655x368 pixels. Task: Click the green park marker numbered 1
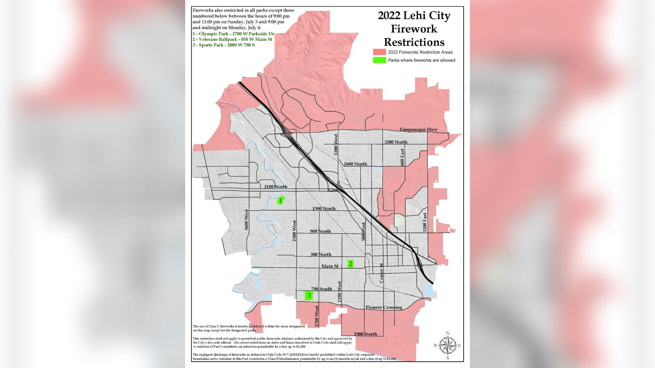click(x=280, y=200)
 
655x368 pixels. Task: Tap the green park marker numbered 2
click(x=350, y=264)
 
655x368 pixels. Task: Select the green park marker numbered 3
click(x=309, y=295)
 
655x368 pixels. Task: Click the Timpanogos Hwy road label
click(x=418, y=129)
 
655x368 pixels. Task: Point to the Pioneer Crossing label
click(x=384, y=307)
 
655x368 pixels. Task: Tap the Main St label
click(x=330, y=266)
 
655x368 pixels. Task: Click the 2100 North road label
click(x=276, y=187)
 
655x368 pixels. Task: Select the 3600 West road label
click(x=247, y=220)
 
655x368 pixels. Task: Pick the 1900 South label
click(x=365, y=334)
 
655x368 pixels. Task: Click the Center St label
click(x=382, y=273)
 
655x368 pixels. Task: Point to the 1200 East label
click(x=425, y=222)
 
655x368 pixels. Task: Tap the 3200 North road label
click(x=396, y=142)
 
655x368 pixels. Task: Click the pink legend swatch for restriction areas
click(x=379, y=52)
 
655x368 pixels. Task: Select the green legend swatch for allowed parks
click(x=379, y=60)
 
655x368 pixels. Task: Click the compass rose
click(x=448, y=346)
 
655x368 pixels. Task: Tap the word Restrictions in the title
click(x=414, y=42)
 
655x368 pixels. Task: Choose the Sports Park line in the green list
click(x=223, y=45)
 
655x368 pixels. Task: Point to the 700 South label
click(x=321, y=289)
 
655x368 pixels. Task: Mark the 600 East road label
click(x=402, y=157)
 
